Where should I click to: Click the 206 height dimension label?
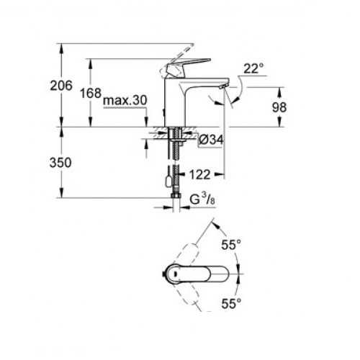click(x=61, y=86)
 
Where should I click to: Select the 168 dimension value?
click(x=91, y=93)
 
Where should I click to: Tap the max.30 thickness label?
click(x=125, y=100)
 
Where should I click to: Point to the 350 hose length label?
click(x=60, y=163)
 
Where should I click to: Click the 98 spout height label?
click(x=279, y=107)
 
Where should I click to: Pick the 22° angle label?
click(x=253, y=68)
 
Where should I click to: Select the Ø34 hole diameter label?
click(x=211, y=140)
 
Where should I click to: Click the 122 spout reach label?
click(x=199, y=174)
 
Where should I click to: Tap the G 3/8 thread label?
click(x=202, y=199)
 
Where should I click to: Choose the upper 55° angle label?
click(x=231, y=245)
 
